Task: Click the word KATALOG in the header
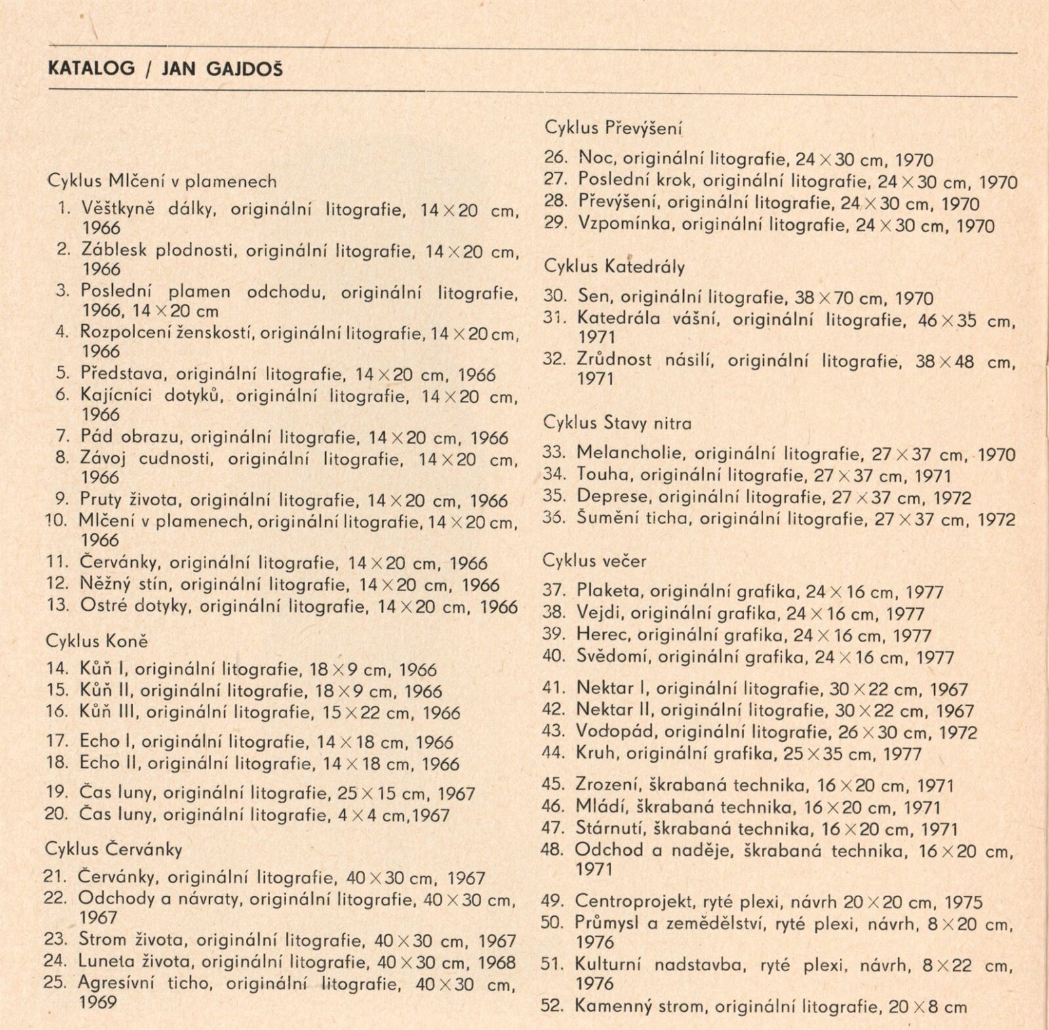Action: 91,68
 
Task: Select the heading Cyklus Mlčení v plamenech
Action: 162,181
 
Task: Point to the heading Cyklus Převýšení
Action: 614,128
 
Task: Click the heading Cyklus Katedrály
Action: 614,266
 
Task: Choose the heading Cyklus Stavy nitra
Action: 617,423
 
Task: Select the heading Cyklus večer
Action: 595,561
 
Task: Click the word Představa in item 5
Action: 123,373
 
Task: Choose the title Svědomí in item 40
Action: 612,657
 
